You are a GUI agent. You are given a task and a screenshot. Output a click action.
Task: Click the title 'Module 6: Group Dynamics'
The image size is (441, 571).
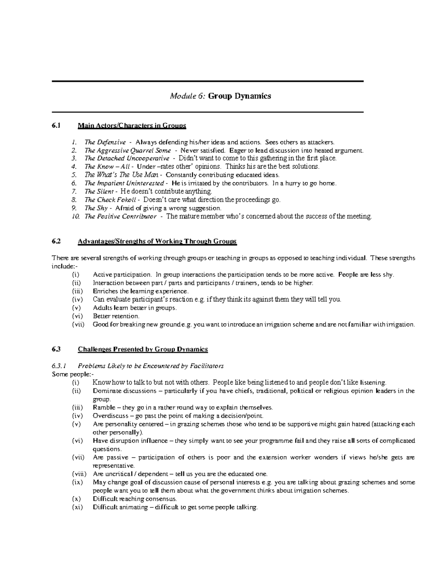coord(220,96)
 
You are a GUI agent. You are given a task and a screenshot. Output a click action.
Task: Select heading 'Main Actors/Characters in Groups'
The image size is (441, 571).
coord(132,126)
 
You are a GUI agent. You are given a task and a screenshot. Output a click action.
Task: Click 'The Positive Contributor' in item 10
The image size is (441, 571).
coord(121,216)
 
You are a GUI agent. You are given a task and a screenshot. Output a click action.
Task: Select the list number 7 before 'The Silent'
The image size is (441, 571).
coord(74,192)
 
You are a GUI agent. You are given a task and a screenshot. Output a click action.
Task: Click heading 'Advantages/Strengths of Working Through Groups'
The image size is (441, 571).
coord(157,241)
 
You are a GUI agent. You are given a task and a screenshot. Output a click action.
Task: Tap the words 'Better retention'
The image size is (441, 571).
coord(116,316)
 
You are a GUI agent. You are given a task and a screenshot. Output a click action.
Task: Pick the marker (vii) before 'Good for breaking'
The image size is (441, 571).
coord(78,324)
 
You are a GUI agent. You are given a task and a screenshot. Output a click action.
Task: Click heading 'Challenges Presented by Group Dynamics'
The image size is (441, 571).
coord(143,349)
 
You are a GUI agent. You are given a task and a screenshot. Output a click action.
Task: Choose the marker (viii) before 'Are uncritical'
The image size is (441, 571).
coord(79,474)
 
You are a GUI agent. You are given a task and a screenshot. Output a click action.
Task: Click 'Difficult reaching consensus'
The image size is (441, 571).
coord(135,499)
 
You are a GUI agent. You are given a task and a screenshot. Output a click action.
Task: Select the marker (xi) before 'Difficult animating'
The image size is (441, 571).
coord(78,507)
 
